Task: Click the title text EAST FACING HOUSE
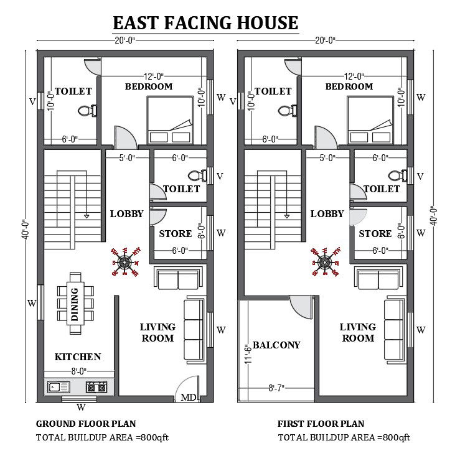coord(205,23)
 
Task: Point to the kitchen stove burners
coord(96,387)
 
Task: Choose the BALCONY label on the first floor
coord(276,345)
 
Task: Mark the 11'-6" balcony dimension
coord(247,353)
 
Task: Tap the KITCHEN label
coord(78,357)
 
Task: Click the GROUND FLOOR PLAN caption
coord(86,424)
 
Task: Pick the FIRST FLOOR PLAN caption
coord(321,424)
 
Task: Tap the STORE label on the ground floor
coord(175,234)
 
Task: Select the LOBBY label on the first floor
coord(327,214)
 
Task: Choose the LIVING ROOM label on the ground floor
coord(157,332)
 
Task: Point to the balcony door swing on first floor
coord(301,306)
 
